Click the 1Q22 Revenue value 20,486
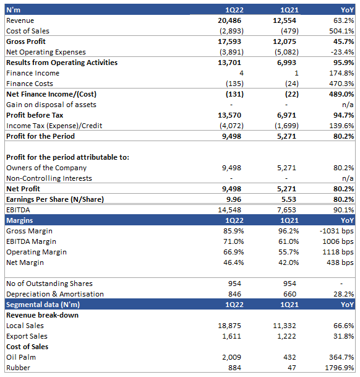[x=229, y=20]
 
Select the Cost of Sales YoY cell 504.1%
[x=341, y=31]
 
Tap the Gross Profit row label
[x=26, y=41]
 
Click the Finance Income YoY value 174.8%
[x=341, y=73]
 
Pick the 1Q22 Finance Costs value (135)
[x=234, y=84]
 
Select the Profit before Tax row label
[x=35, y=115]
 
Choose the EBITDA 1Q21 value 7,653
[x=286, y=210]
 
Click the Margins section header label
[x=19, y=220]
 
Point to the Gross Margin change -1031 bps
[x=336, y=231]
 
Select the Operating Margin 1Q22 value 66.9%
[x=234, y=252]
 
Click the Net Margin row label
[x=25, y=262]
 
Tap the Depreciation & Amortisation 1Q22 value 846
[x=234, y=294]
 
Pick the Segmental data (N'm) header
[x=43, y=305]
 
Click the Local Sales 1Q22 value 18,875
[x=229, y=326]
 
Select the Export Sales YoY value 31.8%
[x=344, y=336]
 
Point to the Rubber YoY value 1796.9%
[x=340, y=368]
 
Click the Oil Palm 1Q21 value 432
[x=289, y=357]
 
